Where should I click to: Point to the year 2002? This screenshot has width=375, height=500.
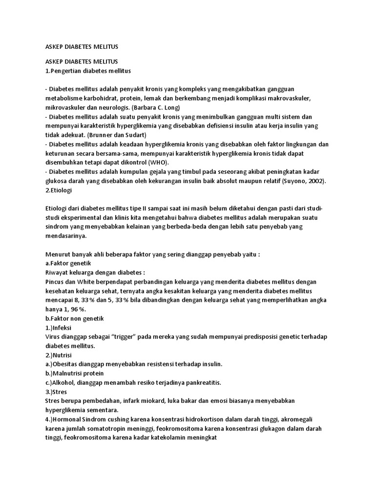tap(314, 181)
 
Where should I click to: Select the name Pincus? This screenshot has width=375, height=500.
tap(55, 282)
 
